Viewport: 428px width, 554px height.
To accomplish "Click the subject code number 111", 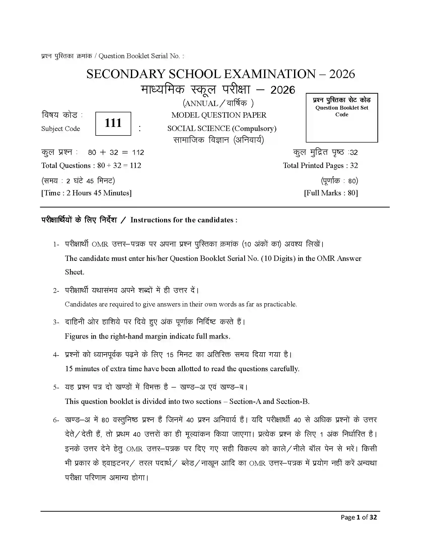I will point(113,123).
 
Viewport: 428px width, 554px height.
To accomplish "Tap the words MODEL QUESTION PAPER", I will point(219,115).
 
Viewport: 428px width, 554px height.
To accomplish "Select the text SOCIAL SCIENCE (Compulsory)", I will point(222,129).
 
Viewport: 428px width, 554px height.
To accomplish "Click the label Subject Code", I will point(61,129).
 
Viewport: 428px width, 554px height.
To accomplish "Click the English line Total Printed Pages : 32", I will point(320,166).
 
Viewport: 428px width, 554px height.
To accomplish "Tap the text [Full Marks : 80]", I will point(331,193).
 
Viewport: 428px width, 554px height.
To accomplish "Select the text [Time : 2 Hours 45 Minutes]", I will point(86,193).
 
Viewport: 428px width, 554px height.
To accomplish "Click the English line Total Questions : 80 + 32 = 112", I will point(91,166).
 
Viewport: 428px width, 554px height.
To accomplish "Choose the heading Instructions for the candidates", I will point(184,220).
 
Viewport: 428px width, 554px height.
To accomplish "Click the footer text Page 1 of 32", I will point(359,517).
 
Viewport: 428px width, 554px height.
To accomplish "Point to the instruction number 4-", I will point(56,355).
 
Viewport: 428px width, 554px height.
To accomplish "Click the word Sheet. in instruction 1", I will point(74,272).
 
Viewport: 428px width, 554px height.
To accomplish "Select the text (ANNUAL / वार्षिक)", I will point(218,103).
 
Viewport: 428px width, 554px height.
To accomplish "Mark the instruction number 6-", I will point(56,420).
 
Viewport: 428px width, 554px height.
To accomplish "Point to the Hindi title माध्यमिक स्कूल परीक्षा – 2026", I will point(218,90).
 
